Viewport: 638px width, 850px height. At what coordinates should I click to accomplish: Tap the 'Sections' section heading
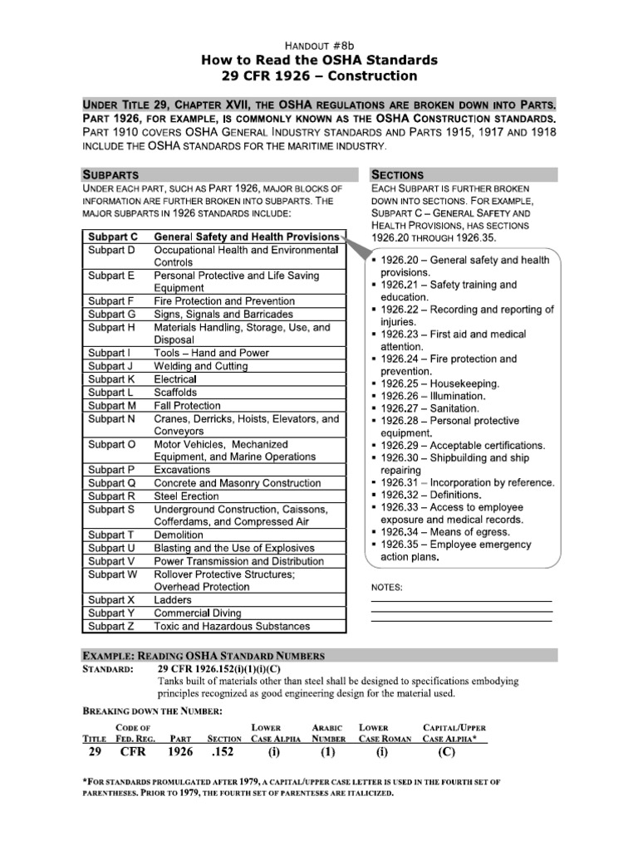tap(397, 175)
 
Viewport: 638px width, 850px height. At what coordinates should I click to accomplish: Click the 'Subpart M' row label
tap(112, 406)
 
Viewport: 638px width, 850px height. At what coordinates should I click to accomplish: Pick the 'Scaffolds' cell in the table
tap(175, 392)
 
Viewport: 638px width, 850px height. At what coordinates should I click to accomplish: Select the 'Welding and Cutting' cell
tap(201, 366)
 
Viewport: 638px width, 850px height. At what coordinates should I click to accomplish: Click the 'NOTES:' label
tap(386, 588)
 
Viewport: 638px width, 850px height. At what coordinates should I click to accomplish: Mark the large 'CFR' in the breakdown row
tap(134, 752)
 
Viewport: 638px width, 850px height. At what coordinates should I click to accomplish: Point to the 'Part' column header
tap(180, 738)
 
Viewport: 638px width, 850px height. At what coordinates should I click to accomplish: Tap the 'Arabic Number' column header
tap(328, 732)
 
